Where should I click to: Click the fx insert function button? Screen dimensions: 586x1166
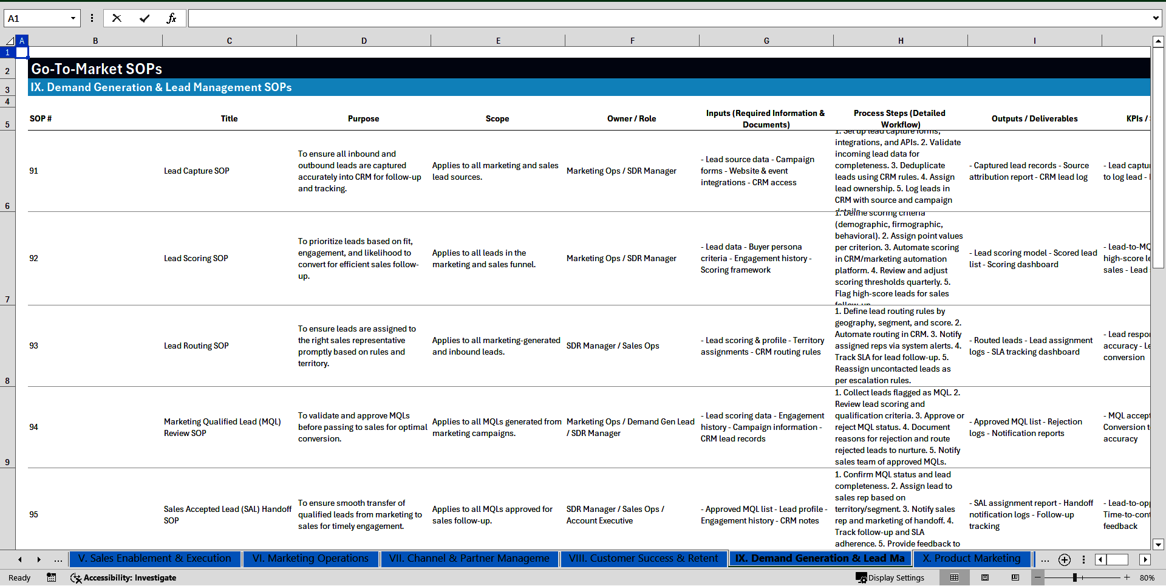(171, 18)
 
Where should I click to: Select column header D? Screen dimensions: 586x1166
(364, 41)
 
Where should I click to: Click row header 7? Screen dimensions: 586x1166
(7, 299)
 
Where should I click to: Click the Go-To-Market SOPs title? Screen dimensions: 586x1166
(97, 69)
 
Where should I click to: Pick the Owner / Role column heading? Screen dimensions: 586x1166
(631, 118)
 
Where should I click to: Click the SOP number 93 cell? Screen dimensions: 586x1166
(34, 346)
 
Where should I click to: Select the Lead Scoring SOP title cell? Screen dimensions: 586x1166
(196, 258)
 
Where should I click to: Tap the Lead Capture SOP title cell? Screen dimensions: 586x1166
(197, 171)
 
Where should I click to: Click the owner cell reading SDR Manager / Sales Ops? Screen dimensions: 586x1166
(613, 346)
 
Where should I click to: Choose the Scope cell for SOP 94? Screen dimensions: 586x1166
(496, 427)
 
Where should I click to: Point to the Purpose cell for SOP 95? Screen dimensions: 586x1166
(360, 514)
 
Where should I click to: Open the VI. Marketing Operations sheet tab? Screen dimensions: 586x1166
(310, 559)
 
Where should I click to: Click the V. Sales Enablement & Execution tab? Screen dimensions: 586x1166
(155, 559)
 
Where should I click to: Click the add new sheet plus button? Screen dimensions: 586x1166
(1064, 559)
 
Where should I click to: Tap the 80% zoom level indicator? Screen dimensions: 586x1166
(1147, 577)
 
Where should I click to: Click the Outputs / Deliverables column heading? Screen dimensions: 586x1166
(1034, 118)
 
